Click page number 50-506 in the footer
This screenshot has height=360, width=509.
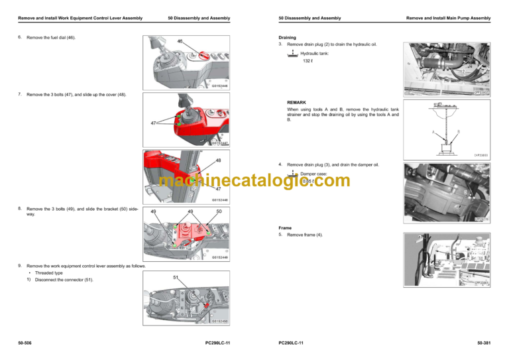point(27,342)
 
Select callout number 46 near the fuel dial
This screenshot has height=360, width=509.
point(180,41)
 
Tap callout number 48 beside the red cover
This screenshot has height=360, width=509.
point(219,160)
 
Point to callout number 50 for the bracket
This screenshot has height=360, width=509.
point(219,211)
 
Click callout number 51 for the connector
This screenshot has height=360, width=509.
point(176,277)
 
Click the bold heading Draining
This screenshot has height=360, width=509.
point(288,38)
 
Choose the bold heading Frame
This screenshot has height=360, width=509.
point(286,227)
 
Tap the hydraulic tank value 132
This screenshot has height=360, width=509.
point(306,61)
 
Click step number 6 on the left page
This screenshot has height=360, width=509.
point(20,38)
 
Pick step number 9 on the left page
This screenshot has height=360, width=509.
point(20,266)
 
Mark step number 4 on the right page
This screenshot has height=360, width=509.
point(280,164)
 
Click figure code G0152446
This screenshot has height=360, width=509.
point(220,86)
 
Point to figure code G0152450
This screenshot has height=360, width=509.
point(220,321)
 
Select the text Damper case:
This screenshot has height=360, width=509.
point(313,173)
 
